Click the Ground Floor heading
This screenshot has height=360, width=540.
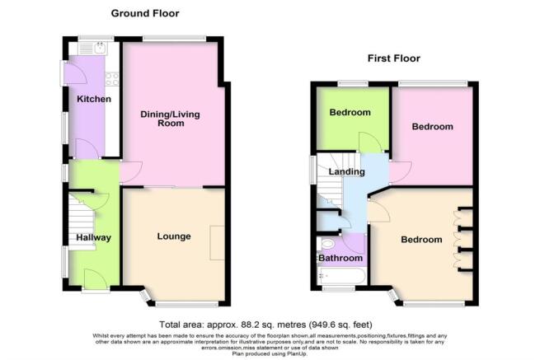145,13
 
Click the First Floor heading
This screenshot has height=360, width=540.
393,58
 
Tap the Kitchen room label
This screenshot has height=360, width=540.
94,99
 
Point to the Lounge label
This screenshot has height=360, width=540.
174,236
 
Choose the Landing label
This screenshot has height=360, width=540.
346,171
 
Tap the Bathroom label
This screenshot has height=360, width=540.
340,258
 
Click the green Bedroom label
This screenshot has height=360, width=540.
350,112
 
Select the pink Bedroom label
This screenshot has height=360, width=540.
433,127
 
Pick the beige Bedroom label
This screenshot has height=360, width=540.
421,240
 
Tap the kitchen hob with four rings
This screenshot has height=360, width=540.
112,80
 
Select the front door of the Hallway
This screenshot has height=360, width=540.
94,282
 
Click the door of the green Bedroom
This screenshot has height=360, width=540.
368,143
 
